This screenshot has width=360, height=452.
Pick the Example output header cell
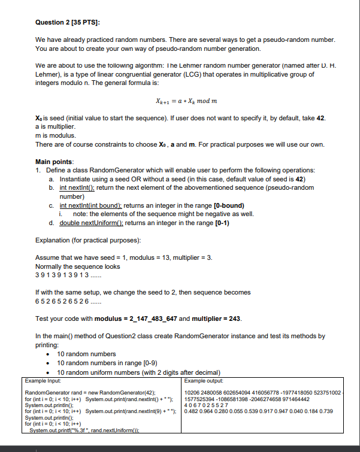(204, 380)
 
